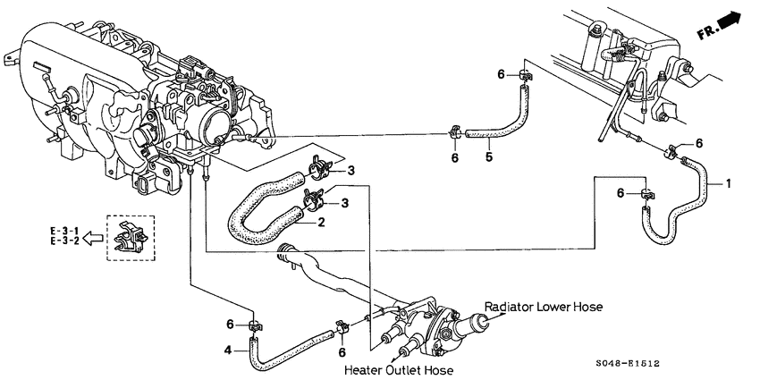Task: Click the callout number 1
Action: coord(729,184)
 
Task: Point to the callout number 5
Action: coord(489,158)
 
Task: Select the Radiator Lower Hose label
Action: coord(543,307)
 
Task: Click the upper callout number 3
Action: coord(351,170)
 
